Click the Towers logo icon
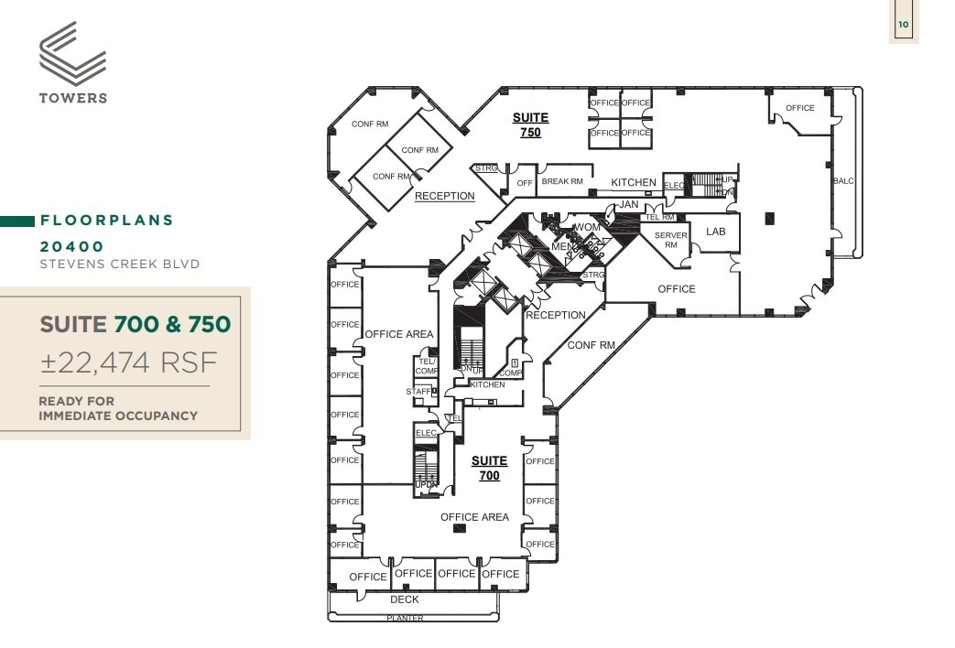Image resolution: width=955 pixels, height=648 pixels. [x=73, y=53]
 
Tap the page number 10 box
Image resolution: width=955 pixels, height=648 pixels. [x=904, y=25]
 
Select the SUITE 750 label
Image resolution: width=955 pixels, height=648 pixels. [x=530, y=124]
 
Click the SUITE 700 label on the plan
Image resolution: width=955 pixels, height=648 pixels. [x=489, y=468]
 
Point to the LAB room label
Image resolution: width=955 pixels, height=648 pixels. [x=715, y=232]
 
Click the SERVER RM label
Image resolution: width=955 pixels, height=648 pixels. [x=670, y=240]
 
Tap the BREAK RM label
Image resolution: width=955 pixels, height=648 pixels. [x=562, y=181]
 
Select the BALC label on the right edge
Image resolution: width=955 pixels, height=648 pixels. [x=842, y=181]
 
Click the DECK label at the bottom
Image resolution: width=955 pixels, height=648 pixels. [x=405, y=599]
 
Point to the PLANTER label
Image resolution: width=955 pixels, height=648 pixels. [x=405, y=618]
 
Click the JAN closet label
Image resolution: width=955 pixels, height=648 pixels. [x=628, y=204]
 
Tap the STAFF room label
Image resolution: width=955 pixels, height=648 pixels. [x=418, y=392]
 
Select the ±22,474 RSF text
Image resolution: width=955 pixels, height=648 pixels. [x=128, y=363]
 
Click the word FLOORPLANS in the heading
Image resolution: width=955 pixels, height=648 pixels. [x=106, y=221]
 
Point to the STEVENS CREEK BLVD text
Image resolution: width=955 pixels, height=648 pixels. [x=119, y=265]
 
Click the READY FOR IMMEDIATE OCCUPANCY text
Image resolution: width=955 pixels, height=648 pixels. [x=117, y=408]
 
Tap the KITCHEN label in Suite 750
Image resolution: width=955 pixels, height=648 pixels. [x=634, y=182]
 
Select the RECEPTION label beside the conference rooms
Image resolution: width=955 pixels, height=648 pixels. [x=445, y=196]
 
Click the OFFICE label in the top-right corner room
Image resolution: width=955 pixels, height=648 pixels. [x=799, y=108]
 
